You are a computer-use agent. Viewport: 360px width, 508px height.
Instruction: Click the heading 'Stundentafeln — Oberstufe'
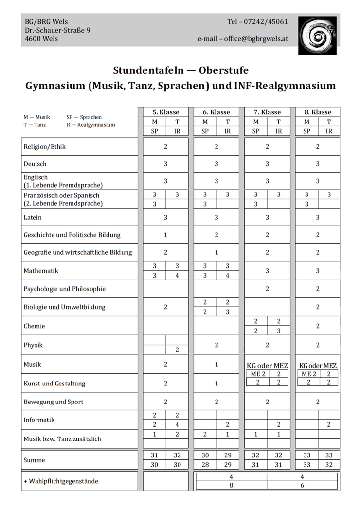(x=180, y=70)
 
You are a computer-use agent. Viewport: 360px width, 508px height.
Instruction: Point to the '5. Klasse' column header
(x=165, y=112)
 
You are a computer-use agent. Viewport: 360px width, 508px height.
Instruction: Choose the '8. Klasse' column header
(x=318, y=112)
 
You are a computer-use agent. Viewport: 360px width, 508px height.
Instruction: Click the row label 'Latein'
(x=33, y=217)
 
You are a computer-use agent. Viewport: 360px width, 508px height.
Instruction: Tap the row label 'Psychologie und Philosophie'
(x=64, y=289)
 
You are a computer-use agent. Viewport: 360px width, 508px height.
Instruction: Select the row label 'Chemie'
(x=34, y=326)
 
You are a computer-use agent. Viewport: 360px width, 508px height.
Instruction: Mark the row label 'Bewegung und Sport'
(x=54, y=402)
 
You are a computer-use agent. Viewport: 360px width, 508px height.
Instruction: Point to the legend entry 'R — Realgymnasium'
(x=90, y=125)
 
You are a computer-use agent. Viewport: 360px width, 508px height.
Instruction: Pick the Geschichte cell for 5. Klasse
(x=165, y=235)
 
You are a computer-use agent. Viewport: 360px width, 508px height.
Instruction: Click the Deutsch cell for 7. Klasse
(x=267, y=164)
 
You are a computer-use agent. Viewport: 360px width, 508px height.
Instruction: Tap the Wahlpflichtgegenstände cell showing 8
(x=231, y=485)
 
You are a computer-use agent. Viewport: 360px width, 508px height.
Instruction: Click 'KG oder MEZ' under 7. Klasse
(x=267, y=366)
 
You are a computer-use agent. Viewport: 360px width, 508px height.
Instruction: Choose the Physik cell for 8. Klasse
(x=318, y=345)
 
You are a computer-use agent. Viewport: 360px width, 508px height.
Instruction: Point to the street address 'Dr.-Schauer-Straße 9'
(x=57, y=30)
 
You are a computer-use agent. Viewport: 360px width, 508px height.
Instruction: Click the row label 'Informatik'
(x=39, y=420)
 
